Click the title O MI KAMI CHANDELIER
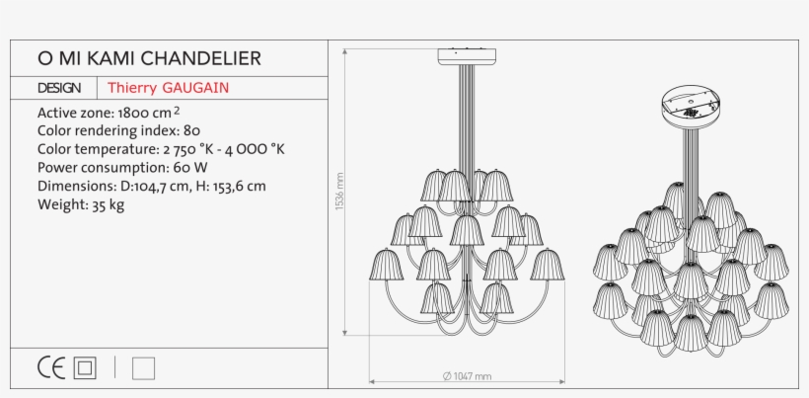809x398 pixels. [149, 59]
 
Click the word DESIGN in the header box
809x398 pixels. [59, 88]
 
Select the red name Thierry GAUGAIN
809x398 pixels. [169, 88]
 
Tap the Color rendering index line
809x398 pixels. [119, 130]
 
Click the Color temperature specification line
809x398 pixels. [161, 149]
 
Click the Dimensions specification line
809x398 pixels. [151, 186]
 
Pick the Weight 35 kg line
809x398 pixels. [81, 204]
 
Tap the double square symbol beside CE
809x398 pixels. [86, 368]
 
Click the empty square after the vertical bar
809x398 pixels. [143, 368]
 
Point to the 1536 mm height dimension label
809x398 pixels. [339, 193]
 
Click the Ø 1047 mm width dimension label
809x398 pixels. [467, 376]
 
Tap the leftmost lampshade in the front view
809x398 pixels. [387, 265]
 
